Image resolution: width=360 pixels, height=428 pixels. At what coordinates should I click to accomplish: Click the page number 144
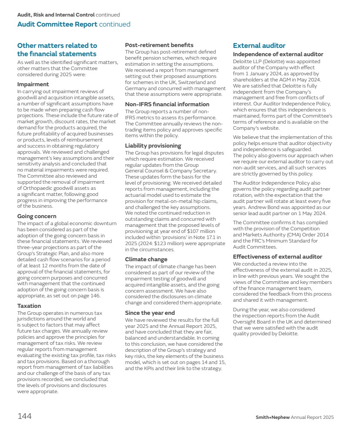coord(24,416)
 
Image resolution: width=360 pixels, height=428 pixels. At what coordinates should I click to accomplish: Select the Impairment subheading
coord(33,84)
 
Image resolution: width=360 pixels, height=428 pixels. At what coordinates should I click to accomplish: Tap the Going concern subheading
coord(37,216)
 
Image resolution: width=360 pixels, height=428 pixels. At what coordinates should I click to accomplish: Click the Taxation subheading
coord(29,306)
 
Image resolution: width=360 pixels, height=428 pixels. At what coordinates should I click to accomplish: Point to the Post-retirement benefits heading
coord(159,45)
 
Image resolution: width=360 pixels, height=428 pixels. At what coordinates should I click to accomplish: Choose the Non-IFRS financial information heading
coord(167,104)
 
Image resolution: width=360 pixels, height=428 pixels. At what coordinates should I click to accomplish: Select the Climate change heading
coord(146,259)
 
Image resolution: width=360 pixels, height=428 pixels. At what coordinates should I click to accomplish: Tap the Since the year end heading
coord(149,313)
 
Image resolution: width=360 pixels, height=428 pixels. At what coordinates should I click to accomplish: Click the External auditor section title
coord(259,45)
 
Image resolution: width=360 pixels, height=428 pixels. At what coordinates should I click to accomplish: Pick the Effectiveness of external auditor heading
coord(277,257)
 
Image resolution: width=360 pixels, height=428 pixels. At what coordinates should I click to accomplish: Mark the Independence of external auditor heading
coord(278,54)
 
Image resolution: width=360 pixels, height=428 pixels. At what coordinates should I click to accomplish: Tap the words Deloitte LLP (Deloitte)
coord(257,61)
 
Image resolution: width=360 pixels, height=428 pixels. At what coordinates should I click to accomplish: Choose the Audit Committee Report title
coord(57,24)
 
